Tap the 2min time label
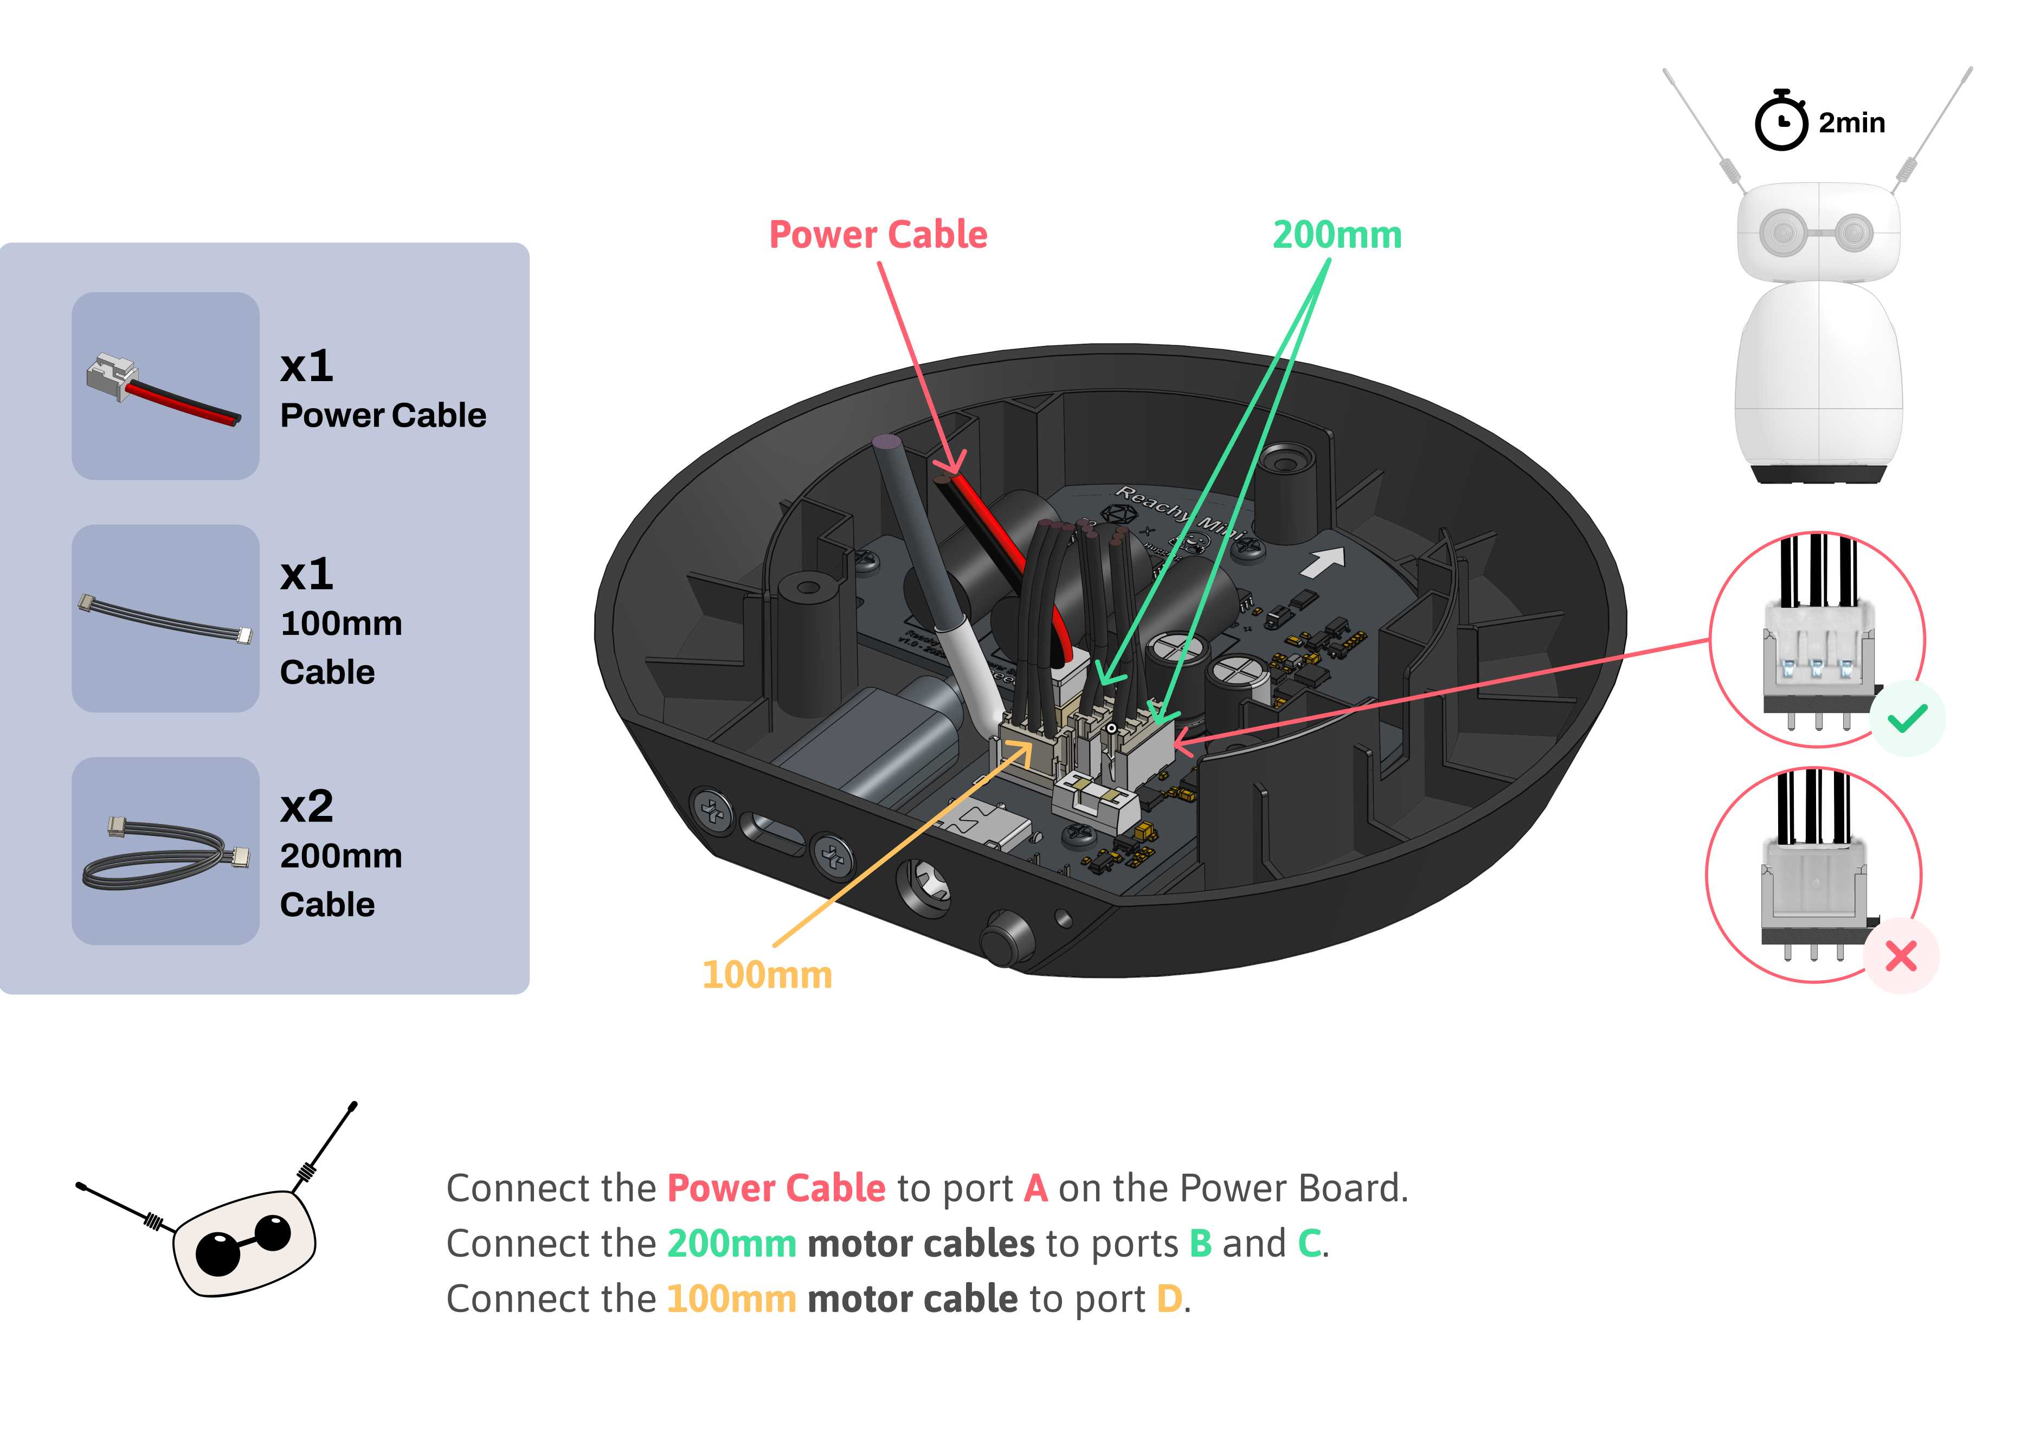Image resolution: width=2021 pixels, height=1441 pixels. pyautogui.click(x=1851, y=123)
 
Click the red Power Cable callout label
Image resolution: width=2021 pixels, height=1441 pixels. pyautogui.click(x=878, y=235)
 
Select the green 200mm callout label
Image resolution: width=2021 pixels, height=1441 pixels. pyautogui.click(x=1336, y=235)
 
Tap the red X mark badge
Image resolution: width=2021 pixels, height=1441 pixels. pyautogui.click(x=1901, y=956)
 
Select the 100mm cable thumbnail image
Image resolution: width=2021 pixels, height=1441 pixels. pyautogui.click(x=165, y=619)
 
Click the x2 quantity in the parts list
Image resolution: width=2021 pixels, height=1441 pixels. pyautogui.click(x=307, y=807)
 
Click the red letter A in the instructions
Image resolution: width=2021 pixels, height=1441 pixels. pyautogui.click(x=1035, y=1188)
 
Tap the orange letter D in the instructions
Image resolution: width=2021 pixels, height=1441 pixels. pyautogui.click(x=1169, y=1299)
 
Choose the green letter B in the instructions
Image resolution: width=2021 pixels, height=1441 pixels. pyautogui.click(x=1200, y=1244)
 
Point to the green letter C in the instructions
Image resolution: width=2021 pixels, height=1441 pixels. pyautogui.click(x=1310, y=1244)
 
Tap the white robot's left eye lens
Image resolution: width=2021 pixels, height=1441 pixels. pyautogui.click(x=1779, y=233)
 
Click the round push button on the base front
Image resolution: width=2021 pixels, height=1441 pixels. pyautogui.click(x=1006, y=939)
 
